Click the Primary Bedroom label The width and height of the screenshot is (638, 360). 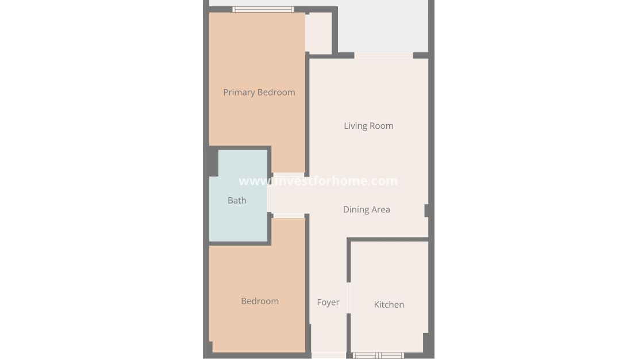pyautogui.click(x=259, y=92)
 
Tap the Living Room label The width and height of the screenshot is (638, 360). pyautogui.click(x=368, y=126)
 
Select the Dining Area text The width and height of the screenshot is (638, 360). pyautogui.click(x=366, y=209)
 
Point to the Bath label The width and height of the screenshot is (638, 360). pyautogui.click(x=237, y=200)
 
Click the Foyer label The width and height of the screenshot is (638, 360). pyautogui.click(x=328, y=302)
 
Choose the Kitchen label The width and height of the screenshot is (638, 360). pyautogui.click(x=389, y=304)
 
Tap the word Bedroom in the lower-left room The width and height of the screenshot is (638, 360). pyautogui.click(x=260, y=301)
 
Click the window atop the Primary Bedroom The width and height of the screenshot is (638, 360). pyautogui.click(x=263, y=9)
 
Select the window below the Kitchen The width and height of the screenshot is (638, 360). pyautogui.click(x=378, y=355)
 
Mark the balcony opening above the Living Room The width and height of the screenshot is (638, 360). pyautogui.click(x=383, y=56)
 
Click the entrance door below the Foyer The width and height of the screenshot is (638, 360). pyautogui.click(x=329, y=355)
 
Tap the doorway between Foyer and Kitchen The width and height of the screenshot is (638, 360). pyautogui.click(x=348, y=298)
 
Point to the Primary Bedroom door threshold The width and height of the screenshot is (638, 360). pyautogui.click(x=288, y=175)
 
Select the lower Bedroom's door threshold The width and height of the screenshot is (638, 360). pyautogui.click(x=288, y=216)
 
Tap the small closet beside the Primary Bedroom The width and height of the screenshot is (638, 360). pyautogui.click(x=320, y=33)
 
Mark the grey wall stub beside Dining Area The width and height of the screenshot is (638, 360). pyautogui.click(x=427, y=210)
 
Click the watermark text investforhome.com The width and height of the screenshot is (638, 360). pyautogui.click(x=318, y=181)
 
